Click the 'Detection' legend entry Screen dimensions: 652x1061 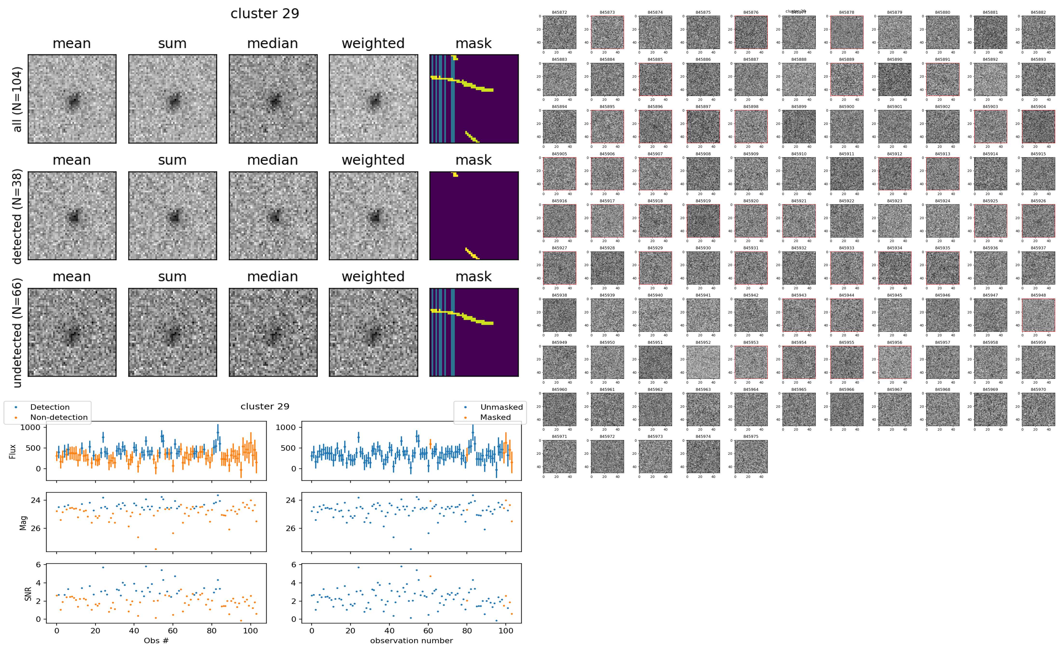[50, 407]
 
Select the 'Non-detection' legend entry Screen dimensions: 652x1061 [59, 417]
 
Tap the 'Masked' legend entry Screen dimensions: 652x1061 [495, 417]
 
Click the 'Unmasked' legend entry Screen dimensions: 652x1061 [501, 407]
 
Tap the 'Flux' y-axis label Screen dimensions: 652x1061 [13, 451]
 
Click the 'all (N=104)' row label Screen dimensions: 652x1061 [17, 99]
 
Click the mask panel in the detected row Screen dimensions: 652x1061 [474, 216]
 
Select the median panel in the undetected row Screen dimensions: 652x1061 [273, 333]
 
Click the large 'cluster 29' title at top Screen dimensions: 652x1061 [265, 14]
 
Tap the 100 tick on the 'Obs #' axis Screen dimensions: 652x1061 [251, 631]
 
